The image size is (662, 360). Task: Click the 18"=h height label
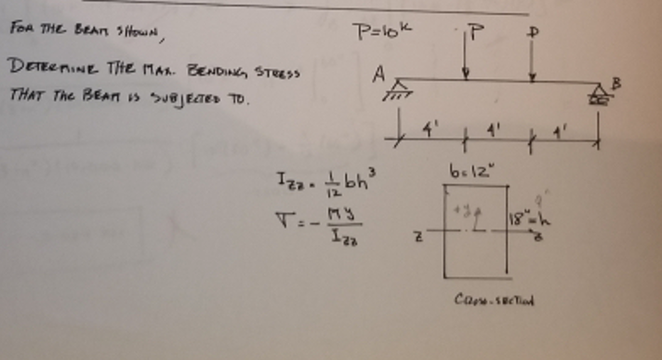pos(524,220)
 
